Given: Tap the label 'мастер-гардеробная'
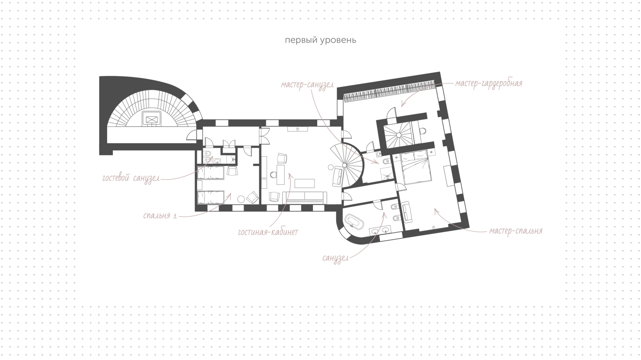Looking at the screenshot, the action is [489, 83].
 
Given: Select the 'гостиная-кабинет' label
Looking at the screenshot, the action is [268, 232].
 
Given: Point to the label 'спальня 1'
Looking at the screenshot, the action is [160, 216].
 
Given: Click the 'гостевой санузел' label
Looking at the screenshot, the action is [131, 178].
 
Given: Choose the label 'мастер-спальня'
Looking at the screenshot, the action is [516, 231].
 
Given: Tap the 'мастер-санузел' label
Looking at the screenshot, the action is [307, 85].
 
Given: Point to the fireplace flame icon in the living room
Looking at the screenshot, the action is [298, 129].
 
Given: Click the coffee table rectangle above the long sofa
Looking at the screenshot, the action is [304, 184].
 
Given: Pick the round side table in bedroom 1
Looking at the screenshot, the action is [241, 199].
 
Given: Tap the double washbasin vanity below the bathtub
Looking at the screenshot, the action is [380, 230].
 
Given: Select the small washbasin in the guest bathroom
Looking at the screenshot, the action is [217, 161].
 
